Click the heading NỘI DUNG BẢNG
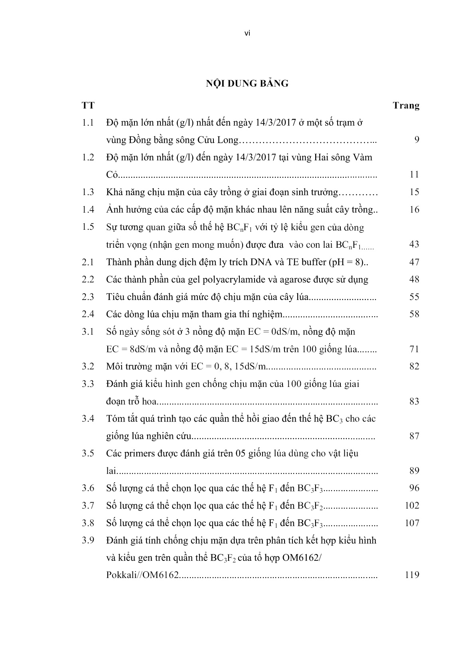(x=247, y=83)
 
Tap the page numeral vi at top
(x=247, y=34)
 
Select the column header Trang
(x=406, y=105)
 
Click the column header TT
(x=88, y=105)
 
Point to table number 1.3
(x=88, y=192)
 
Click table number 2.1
(x=88, y=262)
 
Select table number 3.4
(x=88, y=418)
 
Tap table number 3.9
(x=88, y=541)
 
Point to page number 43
(x=414, y=244)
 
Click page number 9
(x=417, y=140)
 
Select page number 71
(x=414, y=349)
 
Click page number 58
(x=414, y=314)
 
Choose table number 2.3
(x=88, y=297)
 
